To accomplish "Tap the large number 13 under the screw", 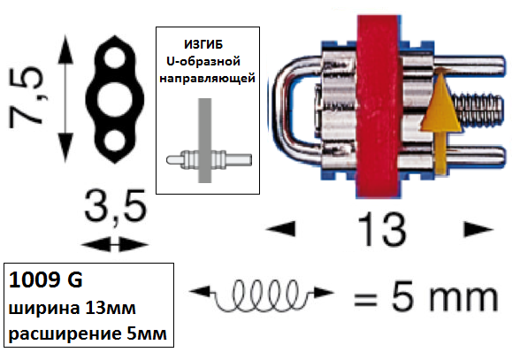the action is point(381,229).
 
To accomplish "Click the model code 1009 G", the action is point(46,280).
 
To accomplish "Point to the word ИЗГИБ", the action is point(203,44).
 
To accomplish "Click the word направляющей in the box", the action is point(207,79).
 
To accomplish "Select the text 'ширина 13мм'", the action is point(72,308).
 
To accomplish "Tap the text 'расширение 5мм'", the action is point(88,333).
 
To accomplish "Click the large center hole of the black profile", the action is point(115,99).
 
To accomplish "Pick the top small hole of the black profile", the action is point(115,57).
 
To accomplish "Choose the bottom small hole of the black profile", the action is point(115,141).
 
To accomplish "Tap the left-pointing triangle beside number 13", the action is point(281,228).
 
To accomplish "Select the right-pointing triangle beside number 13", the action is point(478,229).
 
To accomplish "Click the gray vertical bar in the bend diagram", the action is point(205,141).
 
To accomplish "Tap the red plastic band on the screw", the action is point(378,106).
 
